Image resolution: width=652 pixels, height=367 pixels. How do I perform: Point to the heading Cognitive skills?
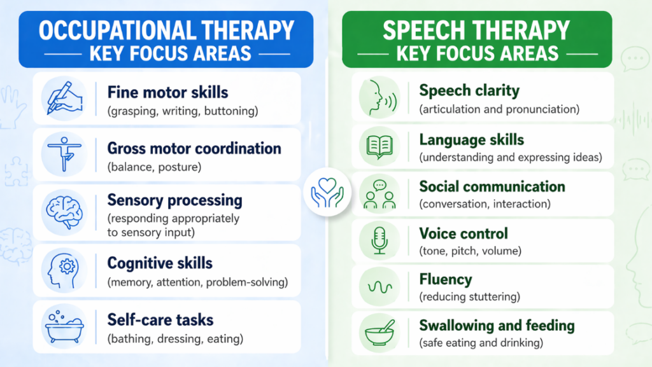pyautogui.click(x=160, y=263)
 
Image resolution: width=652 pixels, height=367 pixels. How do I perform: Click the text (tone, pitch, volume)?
pyautogui.click(x=470, y=251)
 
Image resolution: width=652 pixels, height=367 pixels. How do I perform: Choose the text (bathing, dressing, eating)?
pyautogui.click(x=175, y=338)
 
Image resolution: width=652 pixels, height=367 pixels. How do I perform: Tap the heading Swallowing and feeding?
pyautogui.click(x=497, y=326)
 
